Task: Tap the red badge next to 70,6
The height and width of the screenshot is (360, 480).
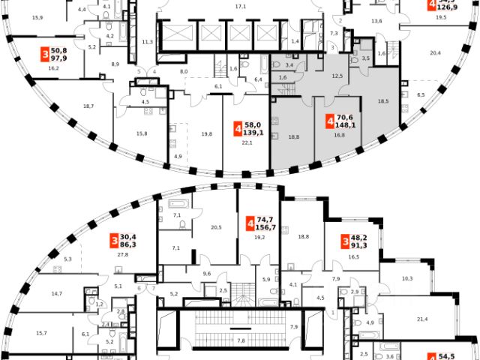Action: click(x=330, y=121)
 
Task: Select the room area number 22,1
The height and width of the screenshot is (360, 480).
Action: click(x=246, y=142)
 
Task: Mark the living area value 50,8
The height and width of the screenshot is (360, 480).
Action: click(x=61, y=51)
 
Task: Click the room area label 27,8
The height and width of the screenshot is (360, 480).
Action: click(x=122, y=254)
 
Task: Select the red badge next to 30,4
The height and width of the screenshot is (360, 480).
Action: click(x=114, y=240)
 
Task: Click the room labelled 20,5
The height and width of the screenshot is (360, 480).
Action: click(x=217, y=227)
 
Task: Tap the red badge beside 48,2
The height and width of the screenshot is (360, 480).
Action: click(x=345, y=241)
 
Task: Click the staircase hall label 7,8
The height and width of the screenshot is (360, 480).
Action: click(x=241, y=340)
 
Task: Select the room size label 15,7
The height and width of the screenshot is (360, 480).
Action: click(x=41, y=333)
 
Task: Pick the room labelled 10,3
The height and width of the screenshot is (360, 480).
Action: click(x=407, y=278)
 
